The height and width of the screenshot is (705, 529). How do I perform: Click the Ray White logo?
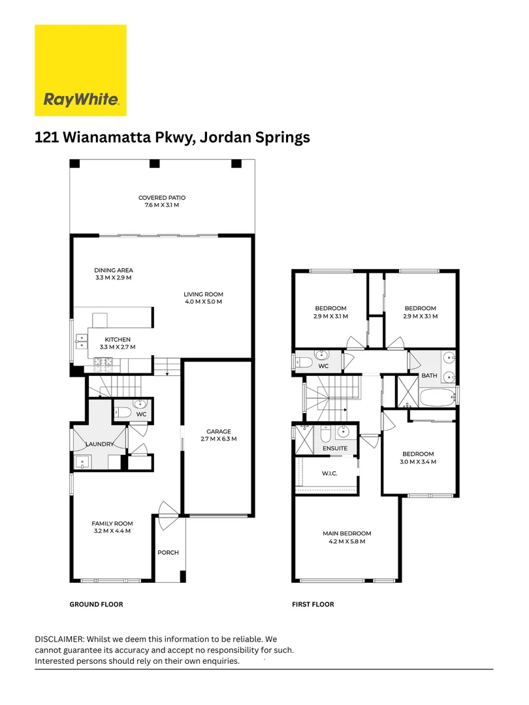(x=80, y=70)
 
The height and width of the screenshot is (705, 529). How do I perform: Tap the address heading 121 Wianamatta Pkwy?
(x=172, y=138)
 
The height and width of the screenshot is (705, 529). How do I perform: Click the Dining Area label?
(x=114, y=270)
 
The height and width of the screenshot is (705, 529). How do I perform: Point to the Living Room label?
(x=203, y=294)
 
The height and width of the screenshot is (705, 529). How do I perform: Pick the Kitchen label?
(x=118, y=339)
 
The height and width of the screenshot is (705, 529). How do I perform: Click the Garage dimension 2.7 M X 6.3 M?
(x=218, y=439)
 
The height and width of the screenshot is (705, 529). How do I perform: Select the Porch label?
(x=168, y=553)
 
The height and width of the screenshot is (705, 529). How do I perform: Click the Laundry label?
(x=99, y=445)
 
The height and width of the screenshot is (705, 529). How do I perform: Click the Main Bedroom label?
(x=347, y=533)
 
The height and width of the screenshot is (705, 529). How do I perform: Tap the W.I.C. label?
(x=329, y=473)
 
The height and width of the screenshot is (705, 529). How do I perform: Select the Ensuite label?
(x=335, y=448)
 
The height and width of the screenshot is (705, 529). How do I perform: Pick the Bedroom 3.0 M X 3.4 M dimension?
(x=418, y=462)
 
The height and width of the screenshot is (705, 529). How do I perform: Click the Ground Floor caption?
(x=96, y=604)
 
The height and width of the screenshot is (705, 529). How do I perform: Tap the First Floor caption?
(x=313, y=604)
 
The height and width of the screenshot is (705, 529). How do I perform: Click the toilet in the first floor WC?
(x=305, y=363)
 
